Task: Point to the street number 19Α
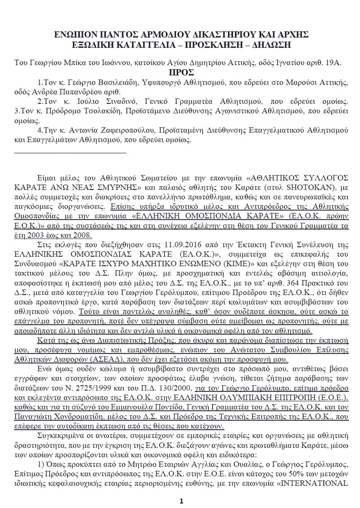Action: click(x=333, y=63)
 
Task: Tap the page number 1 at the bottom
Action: click(x=180, y=501)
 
